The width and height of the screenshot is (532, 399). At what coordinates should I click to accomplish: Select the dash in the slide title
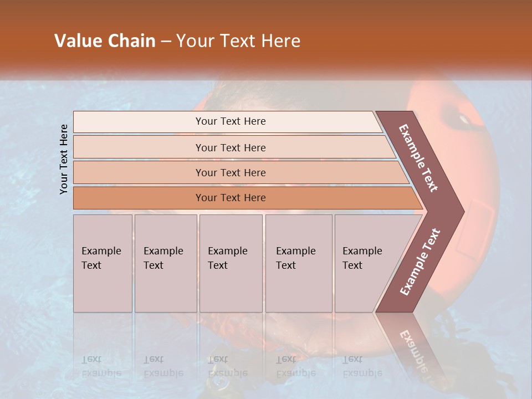coord(166,42)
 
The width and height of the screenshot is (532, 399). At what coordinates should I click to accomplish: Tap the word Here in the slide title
coord(280,41)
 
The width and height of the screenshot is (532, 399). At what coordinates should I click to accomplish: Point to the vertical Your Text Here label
coord(64,159)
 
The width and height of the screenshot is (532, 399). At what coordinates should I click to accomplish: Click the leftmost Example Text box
coord(103,263)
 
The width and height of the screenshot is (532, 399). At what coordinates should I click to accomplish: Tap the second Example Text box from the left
coord(166,263)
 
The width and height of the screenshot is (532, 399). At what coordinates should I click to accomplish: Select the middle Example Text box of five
coord(231,263)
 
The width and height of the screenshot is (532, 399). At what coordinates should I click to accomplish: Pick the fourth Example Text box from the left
coord(299,263)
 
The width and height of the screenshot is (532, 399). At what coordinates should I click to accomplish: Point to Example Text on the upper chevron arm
coord(418,158)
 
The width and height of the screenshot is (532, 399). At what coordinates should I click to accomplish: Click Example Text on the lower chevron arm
coord(420,262)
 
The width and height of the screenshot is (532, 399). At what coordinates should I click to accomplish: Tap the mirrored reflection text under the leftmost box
coord(101,366)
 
